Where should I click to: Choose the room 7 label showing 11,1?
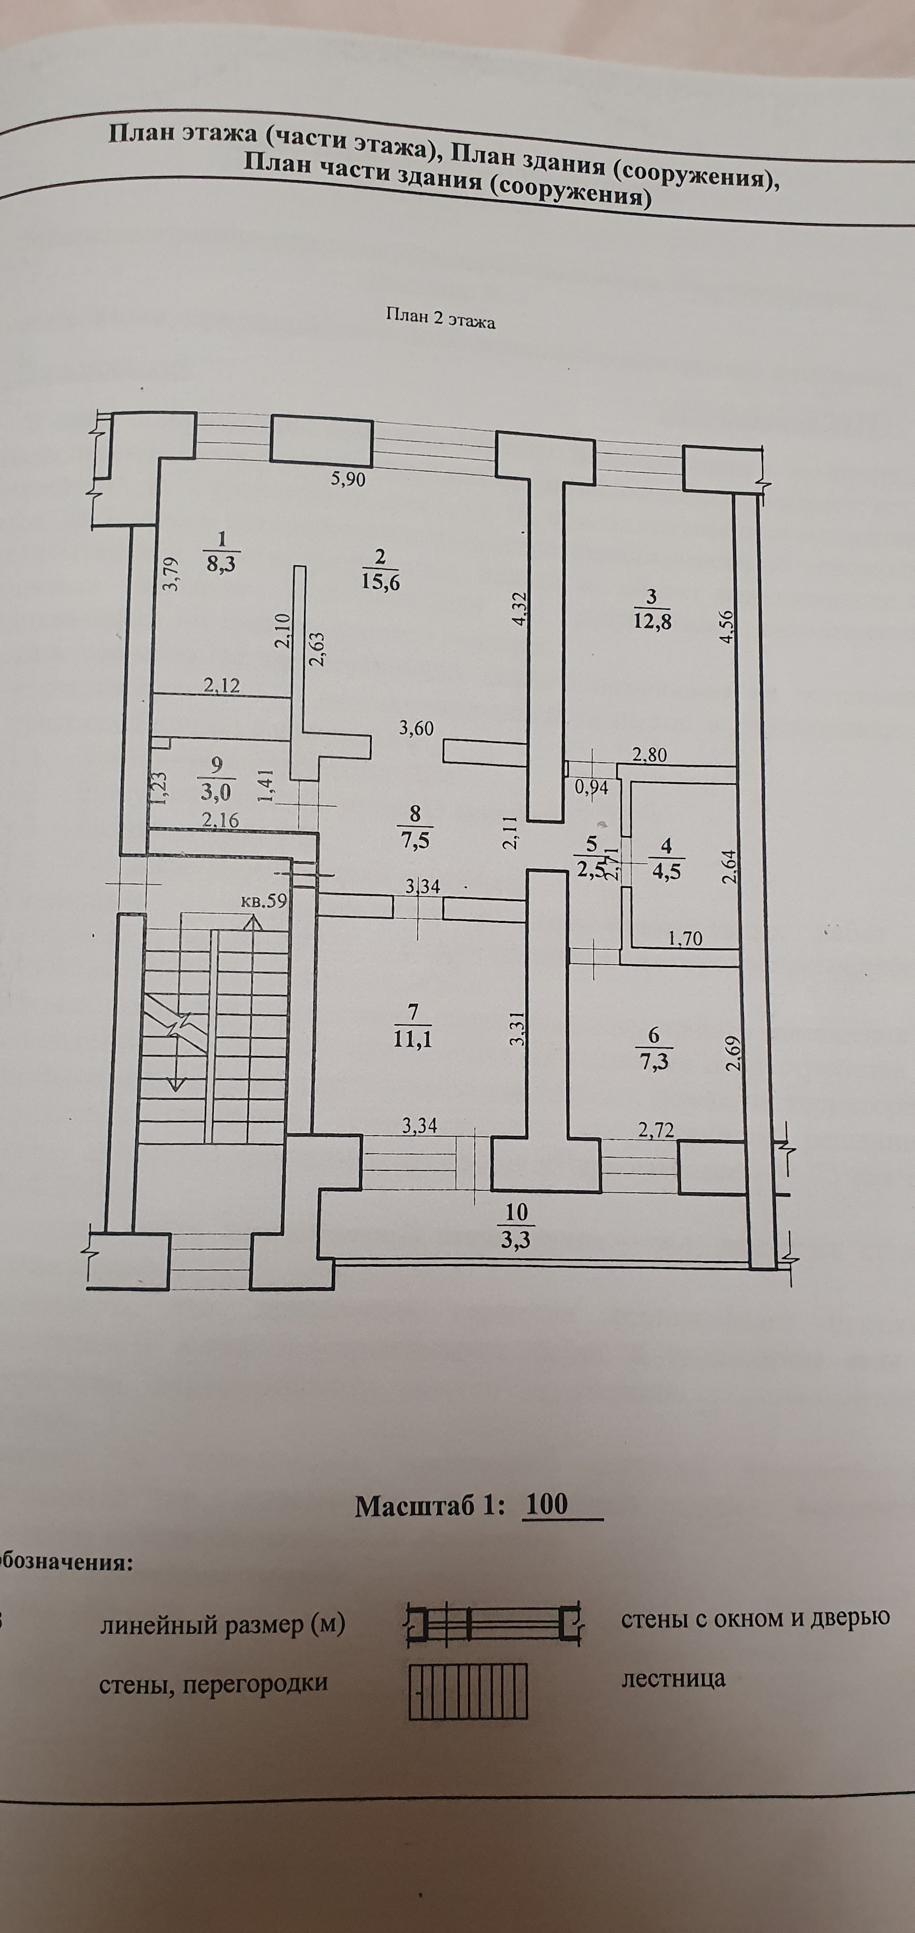(412, 1026)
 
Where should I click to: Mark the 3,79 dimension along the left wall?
(171, 573)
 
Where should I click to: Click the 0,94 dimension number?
(591, 787)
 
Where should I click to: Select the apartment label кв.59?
(263, 900)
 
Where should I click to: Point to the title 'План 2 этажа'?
(441, 318)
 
